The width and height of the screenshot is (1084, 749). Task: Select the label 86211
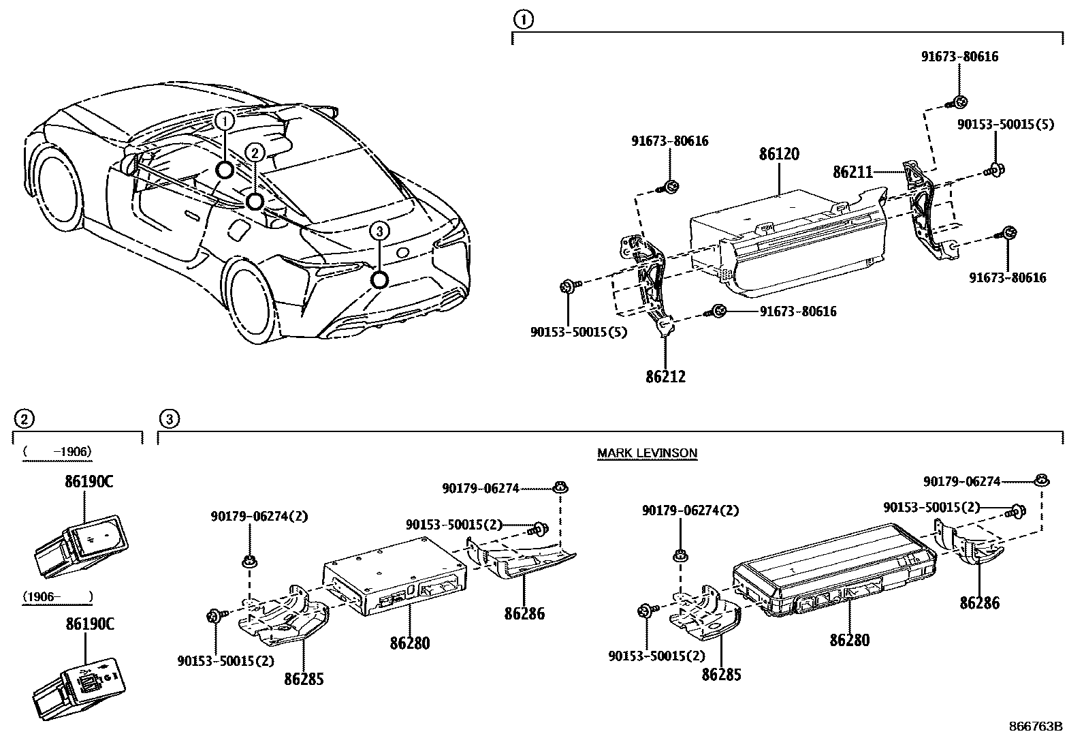point(852,172)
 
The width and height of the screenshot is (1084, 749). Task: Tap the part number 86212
point(665,376)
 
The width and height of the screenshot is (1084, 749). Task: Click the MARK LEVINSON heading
point(647,453)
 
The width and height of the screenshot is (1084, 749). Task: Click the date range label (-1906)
point(57,452)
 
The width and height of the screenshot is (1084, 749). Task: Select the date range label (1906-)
point(57,597)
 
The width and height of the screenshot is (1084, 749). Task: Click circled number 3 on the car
point(379,232)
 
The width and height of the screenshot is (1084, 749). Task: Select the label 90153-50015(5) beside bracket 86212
point(579,333)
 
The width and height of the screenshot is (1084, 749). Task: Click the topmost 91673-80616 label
point(960,57)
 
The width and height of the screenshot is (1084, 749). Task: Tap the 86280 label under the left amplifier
point(410,642)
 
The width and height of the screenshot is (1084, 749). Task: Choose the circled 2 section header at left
point(23,418)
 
